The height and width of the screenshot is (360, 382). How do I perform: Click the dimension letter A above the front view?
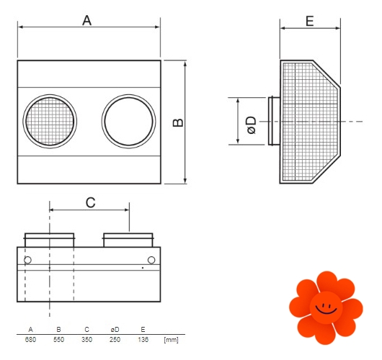point(86,20)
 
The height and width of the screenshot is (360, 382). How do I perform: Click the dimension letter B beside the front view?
point(178,122)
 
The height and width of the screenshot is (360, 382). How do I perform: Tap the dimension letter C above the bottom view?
point(90,202)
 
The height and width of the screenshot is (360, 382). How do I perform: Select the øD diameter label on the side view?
point(252,125)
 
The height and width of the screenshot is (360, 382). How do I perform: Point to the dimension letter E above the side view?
point(310,21)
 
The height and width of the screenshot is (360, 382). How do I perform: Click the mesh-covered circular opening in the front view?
point(50,121)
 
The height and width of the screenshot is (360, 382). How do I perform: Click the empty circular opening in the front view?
point(128,121)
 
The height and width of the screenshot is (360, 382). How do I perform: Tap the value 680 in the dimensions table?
point(30,339)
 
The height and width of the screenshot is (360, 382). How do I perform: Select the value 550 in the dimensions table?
point(58,339)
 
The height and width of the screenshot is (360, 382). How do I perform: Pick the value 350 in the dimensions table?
point(86,339)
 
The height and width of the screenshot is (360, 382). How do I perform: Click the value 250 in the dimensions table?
point(115,339)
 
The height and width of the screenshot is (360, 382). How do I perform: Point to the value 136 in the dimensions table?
point(143,339)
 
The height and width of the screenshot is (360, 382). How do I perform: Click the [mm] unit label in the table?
point(171,340)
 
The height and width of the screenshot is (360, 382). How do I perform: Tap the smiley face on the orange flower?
point(326,308)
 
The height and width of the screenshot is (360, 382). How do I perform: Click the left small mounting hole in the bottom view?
point(28,260)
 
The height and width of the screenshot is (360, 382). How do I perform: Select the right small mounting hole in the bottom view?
point(151,260)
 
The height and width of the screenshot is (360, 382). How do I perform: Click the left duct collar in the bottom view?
point(50,240)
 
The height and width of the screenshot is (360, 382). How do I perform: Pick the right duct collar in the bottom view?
point(128,240)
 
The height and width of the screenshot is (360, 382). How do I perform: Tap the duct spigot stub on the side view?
point(274,121)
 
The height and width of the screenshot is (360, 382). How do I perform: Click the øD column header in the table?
point(115,330)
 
